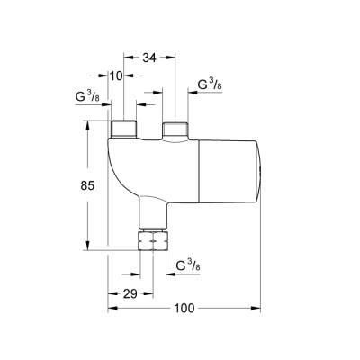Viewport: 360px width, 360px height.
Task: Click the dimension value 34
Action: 151,58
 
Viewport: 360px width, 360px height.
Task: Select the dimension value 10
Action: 115,76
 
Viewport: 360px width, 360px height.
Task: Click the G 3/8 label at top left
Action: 88,95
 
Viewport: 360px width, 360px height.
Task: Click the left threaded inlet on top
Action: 122,128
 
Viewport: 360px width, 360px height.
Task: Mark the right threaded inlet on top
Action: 175,128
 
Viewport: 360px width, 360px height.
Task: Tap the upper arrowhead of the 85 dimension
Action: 87,126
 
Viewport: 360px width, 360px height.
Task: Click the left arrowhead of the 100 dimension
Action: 112,309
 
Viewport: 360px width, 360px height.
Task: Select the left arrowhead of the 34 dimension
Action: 126,58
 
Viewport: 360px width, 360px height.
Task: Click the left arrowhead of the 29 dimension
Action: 110,293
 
